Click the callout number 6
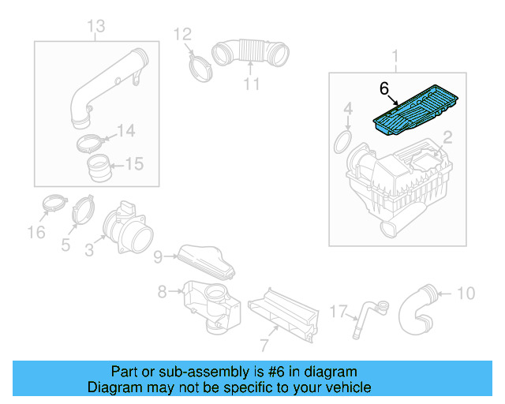click(x=384, y=88)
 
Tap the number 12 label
click(x=182, y=34)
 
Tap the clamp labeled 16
click(x=51, y=204)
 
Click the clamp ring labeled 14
click(x=93, y=143)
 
